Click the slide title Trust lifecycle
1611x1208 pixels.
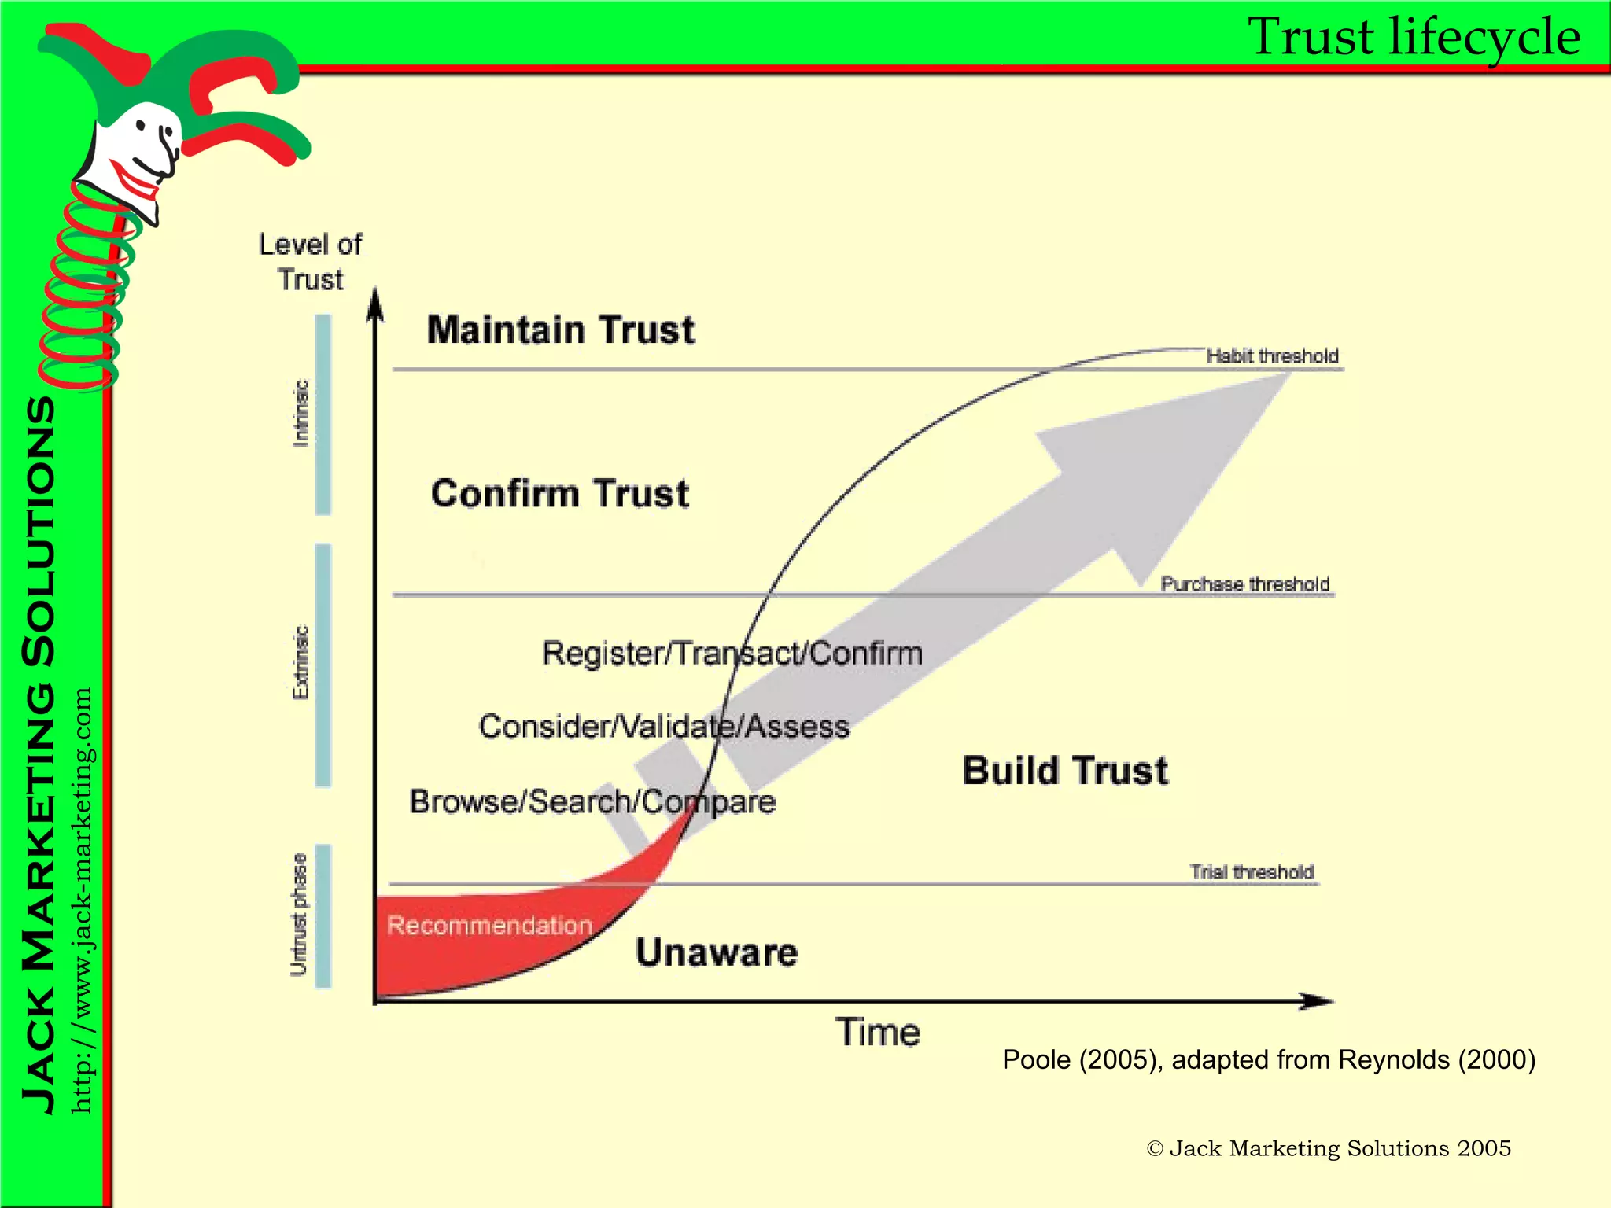pos(1414,37)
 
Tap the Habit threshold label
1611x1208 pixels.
pos(1272,356)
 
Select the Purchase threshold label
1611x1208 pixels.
pos(1244,584)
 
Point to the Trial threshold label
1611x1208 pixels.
pos(1251,872)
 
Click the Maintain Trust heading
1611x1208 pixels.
pos(561,330)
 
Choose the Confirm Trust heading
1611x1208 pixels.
pos(559,494)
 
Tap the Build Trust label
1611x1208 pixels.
pos(1065,771)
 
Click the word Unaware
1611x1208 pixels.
pos(716,952)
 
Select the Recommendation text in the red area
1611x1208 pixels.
pos(489,925)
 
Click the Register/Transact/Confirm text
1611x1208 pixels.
pos(732,654)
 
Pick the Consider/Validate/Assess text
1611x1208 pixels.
pos(664,726)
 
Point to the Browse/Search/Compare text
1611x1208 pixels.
pos(592,802)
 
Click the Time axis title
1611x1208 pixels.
pos(877,1032)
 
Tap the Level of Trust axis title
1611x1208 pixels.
pos(311,262)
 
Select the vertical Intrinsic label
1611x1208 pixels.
pos(300,414)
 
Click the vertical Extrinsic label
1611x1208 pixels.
pos(300,662)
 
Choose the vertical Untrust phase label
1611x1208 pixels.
pos(299,915)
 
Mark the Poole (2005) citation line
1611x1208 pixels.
pos(1268,1060)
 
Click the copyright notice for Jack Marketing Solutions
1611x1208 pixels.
pos(1328,1148)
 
